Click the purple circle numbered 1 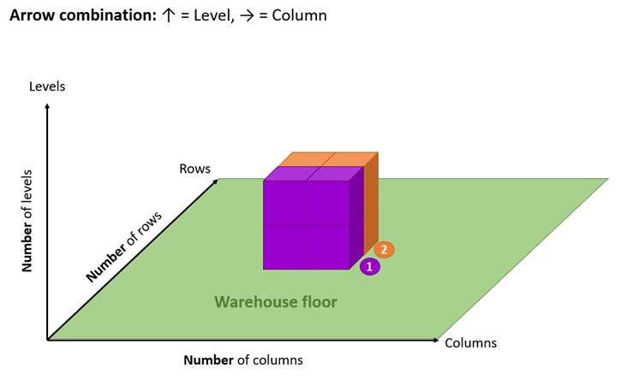(370, 266)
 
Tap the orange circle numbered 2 (385, 250)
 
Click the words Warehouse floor (276, 302)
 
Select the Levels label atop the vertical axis (47, 86)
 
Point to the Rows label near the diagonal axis (194, 169)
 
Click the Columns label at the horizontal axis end (470, 343)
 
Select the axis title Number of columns (242, 360)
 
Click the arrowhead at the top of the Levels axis (47, 105)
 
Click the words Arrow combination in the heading (82, 15)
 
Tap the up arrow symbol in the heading (167, 15)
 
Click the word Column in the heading (299, 15)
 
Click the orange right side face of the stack (372, 205)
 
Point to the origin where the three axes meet (48, 340)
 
